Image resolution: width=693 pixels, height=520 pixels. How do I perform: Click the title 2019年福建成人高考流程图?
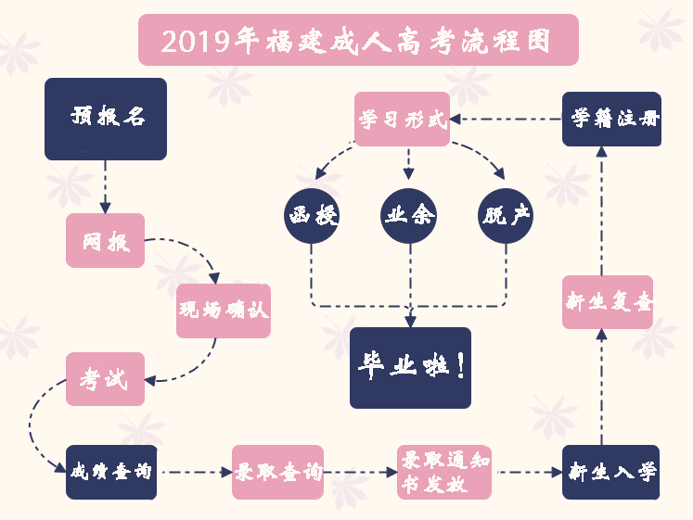click(x=357, y=40)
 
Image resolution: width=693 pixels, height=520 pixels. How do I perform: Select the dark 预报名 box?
click(x=106, y=119)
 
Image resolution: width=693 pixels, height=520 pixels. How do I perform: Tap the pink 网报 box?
click(x=105, y=241)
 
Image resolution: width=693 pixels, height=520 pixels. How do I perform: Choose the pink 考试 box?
click(x=105, y=379)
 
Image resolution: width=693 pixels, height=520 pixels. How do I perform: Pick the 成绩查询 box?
click(x=111, y=472)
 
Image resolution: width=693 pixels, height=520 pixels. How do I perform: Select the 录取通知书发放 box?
click(x=444, y=472)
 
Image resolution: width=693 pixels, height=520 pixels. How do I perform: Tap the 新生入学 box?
click(x=611, y=472)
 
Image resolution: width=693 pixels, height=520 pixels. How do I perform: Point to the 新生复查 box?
click(x=608, y=302)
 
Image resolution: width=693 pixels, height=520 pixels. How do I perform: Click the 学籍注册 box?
click(x=611, y=119)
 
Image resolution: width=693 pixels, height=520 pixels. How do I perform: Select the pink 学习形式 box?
click(x=403, y=119)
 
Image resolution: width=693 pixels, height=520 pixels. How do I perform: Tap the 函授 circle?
click(x=312, y=217)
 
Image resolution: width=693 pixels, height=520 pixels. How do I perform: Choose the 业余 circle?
click(x=409, y=217)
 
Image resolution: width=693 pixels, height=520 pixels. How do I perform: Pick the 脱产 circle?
click(x=506, y=217)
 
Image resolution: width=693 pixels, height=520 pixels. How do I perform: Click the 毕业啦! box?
click(x=410, y=367)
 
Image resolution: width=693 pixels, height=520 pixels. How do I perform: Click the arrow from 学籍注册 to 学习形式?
click(x=507, y=119)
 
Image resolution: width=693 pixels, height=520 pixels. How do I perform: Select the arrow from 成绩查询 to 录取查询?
click(x=195, y=472)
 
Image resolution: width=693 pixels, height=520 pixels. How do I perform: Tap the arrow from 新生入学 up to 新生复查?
click(x=603, y=387)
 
